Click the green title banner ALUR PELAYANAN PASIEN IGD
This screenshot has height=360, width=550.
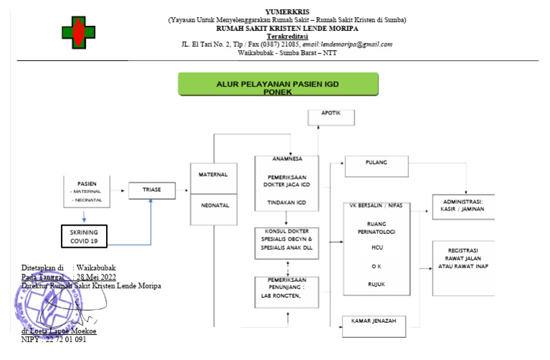(x=278, y=84)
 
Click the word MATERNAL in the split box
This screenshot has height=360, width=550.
(x=214, y=175)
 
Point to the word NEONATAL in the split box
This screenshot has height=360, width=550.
(x=214, y=205)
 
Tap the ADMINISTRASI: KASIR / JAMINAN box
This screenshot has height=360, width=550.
(x=463, y=205)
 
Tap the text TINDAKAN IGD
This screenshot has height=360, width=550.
(x=287, y=205)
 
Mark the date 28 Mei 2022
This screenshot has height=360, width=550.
(x=97, y=276)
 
